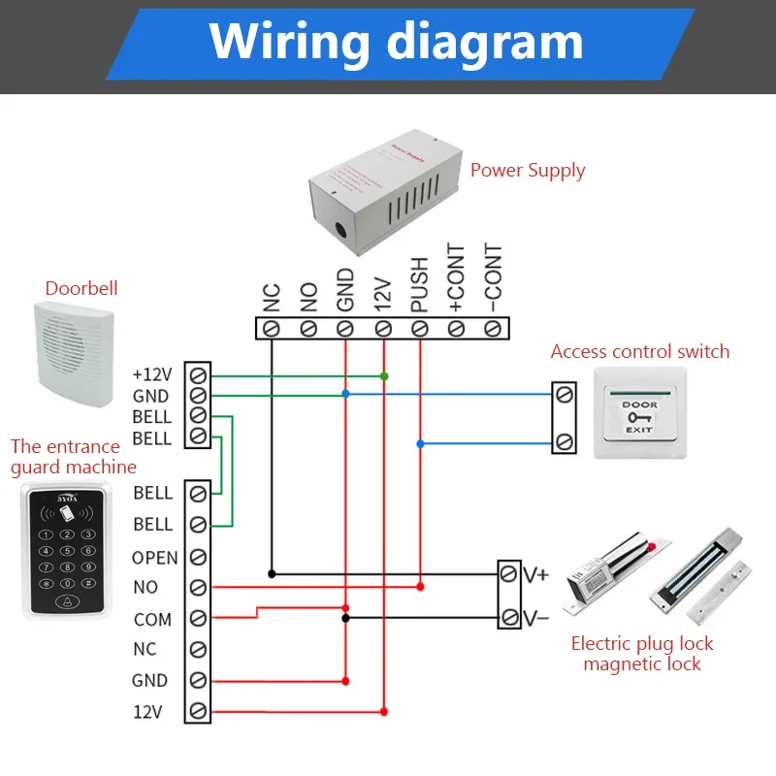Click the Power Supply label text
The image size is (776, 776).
click(528, 171)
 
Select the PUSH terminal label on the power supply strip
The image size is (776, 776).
click(419, 284)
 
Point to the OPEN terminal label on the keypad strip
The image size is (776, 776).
click(155, 558)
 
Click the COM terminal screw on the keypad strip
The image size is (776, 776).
click(198, 619)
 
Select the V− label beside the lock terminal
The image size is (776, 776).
click(535, 617)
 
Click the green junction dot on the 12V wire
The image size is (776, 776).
click(384, 375)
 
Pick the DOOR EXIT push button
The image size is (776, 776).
click(639, 417)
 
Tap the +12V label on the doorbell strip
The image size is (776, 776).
click(151, 374)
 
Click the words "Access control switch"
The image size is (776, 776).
click(640, 352)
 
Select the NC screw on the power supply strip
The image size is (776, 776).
click(272, 328)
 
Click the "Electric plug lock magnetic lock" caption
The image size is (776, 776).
click(641, 654)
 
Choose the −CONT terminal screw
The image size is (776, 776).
click(493, 328)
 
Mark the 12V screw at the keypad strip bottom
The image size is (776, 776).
click(198, 711)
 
